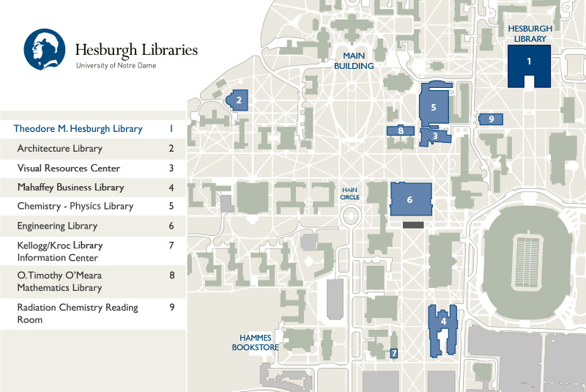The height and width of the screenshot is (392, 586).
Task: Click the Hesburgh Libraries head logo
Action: click(x=45, y=49)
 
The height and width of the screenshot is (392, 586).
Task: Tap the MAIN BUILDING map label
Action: click(x=354, y=60)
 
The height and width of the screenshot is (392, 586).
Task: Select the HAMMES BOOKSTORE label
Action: click(x=255, y=342)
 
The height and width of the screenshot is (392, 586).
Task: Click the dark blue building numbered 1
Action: click(x=529, y=62)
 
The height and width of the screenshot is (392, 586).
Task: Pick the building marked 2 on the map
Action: click(x=239, y=99)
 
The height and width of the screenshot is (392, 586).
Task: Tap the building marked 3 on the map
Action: click(x=435, y=136)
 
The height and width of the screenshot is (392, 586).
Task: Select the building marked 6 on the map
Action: click(x=410, y=199)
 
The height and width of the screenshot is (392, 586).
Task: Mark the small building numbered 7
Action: click(x=394, y=353)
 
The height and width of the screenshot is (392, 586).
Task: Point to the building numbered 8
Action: click(x=401, y=130)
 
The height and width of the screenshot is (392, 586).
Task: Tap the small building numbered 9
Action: click(x=491, y=119)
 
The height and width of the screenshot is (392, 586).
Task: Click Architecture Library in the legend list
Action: click(x=59, y=149)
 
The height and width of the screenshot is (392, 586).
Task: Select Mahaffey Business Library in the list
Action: click(x=70, y=187)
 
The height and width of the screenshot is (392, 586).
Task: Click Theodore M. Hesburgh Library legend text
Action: click(x=78, y=129)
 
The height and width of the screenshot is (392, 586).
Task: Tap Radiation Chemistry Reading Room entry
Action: click(x=78, y=313)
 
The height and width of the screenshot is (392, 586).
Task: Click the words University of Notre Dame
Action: click(x=116, y=66)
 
